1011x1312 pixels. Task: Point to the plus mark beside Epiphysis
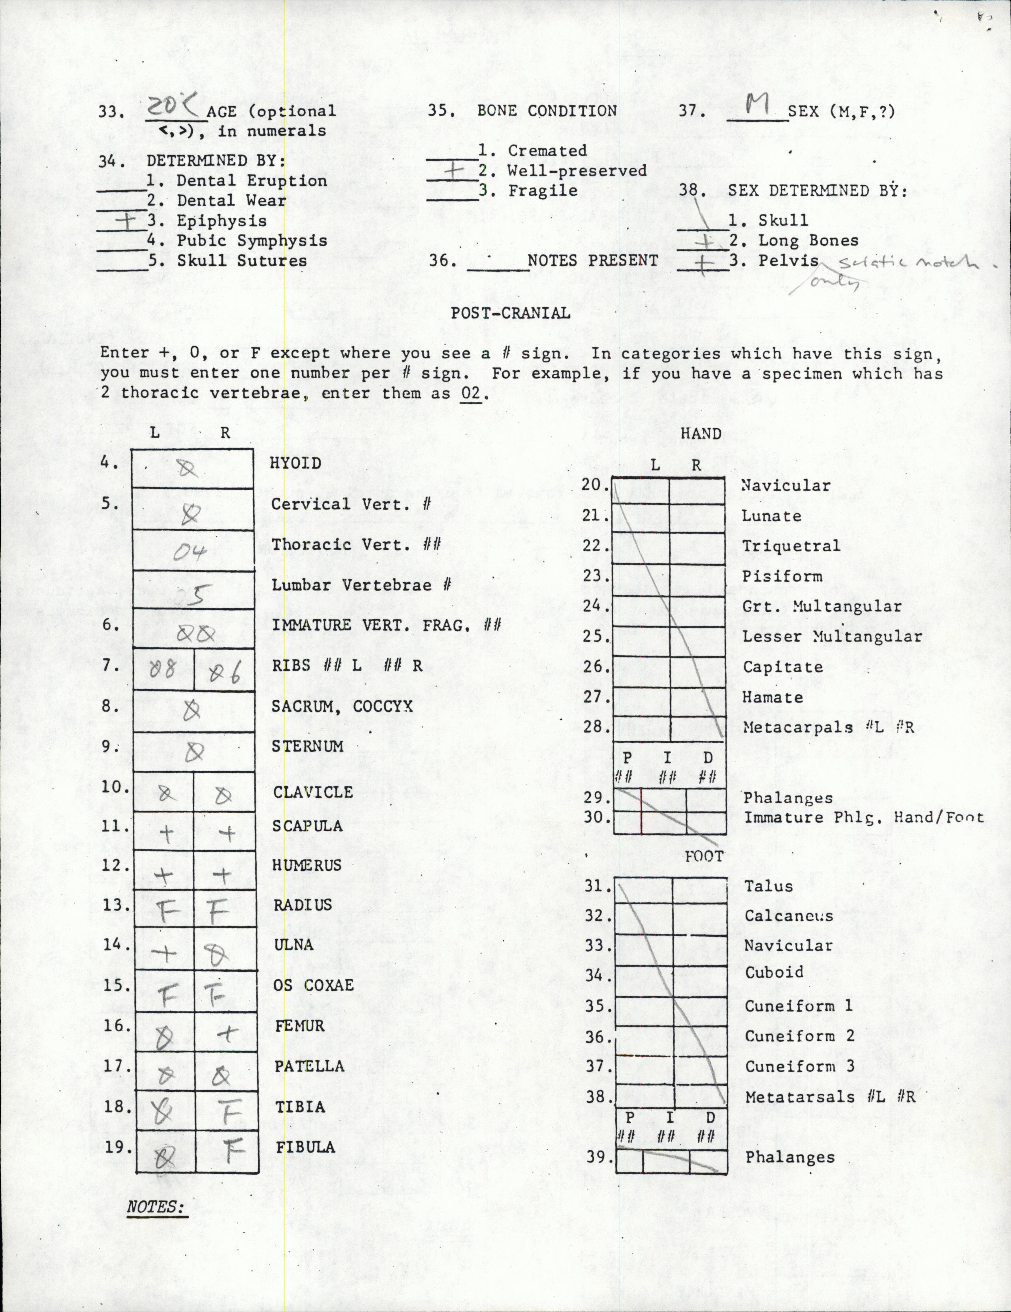point(128,222)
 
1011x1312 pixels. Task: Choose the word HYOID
point(296,463)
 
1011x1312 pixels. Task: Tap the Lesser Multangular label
point(832,637)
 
